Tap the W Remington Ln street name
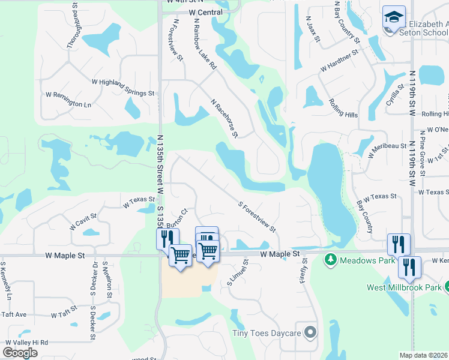(x=68, y=100)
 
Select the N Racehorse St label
(x=224, y=118)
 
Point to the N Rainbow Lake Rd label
(x=205, y=43)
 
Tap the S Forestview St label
(x=257, y=217)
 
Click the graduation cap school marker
(x=394, y=17)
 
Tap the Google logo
(x=20, y=352)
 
